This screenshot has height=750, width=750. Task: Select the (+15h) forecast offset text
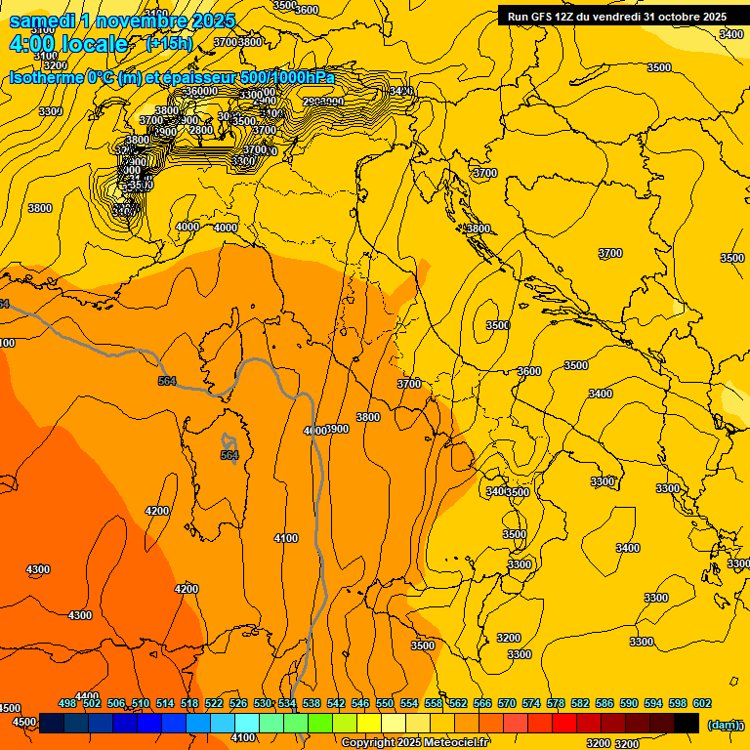(169, 44)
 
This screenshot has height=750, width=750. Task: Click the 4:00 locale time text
(68, 45)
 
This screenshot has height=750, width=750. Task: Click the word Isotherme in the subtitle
(46, 78)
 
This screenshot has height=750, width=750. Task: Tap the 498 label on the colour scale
(67, 703)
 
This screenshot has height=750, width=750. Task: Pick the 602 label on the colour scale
(702, 703)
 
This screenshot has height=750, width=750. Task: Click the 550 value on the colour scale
(385, 703)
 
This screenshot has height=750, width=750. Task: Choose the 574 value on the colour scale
(531, 703)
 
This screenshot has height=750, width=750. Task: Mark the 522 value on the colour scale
(214, 703)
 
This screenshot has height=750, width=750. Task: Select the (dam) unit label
(724, 725)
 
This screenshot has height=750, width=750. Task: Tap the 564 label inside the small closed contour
(229, 455)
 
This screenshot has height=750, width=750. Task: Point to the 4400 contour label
(87, 696)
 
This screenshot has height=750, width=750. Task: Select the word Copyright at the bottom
(367, 743)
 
